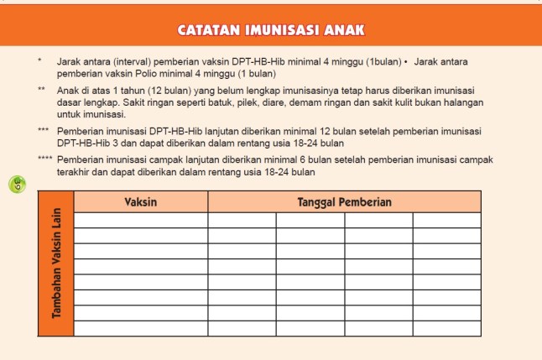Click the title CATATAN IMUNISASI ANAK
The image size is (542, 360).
click(270, 31)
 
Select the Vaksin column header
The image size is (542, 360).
click(141, 202)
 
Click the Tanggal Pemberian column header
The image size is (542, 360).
click(344, 202)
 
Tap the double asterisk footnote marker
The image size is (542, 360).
click(41, 88)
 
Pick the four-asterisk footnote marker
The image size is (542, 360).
click(44, 159)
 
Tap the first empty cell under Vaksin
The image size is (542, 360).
click(141, 220)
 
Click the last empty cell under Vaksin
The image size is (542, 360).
click(141, 328)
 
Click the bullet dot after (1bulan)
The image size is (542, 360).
click(405, 62)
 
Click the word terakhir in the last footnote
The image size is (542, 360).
click(76, 171)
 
